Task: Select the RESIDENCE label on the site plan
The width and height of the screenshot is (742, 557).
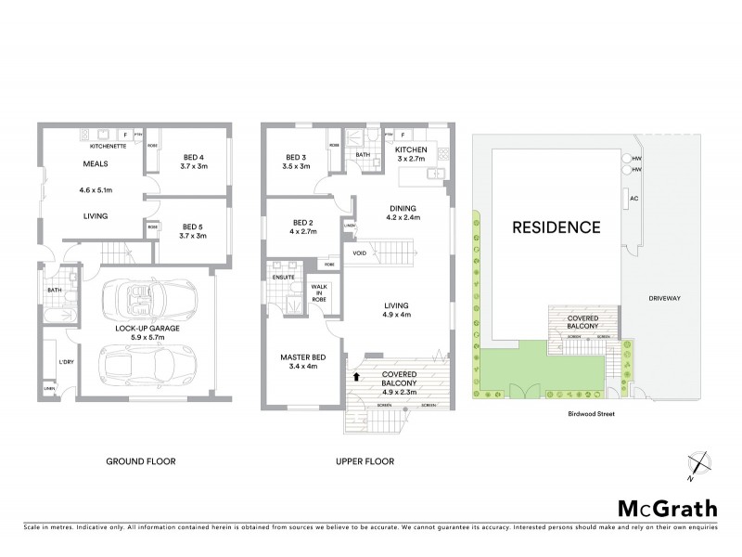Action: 553,227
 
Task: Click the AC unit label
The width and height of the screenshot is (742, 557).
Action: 634,199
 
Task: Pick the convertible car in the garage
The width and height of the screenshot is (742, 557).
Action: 139,302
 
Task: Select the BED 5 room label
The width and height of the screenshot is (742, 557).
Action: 192,227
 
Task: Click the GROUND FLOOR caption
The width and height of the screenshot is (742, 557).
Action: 142,461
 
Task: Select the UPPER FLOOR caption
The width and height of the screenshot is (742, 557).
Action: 365,461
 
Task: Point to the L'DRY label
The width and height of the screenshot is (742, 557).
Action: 66,361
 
